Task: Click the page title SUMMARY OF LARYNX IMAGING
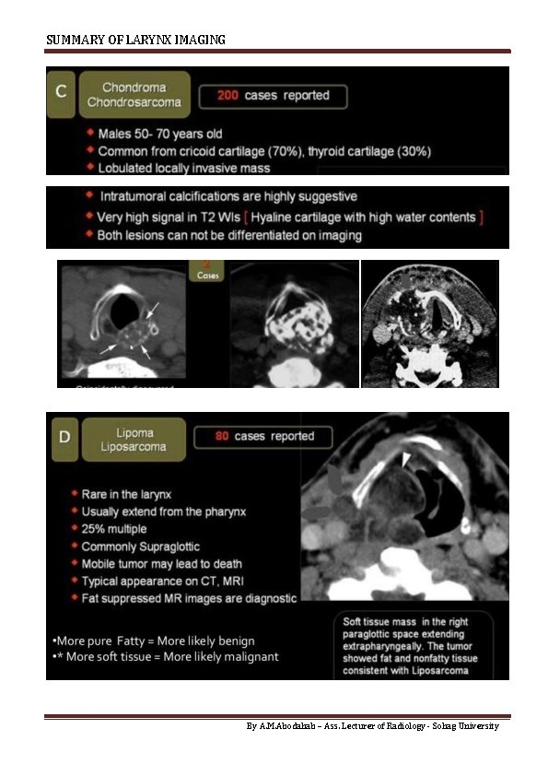pos(135,40)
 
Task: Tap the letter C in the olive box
pos(61,92)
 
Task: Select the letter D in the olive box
pos(64,436)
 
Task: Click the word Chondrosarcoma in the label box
pos(134,102)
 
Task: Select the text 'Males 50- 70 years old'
pos(160,135)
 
